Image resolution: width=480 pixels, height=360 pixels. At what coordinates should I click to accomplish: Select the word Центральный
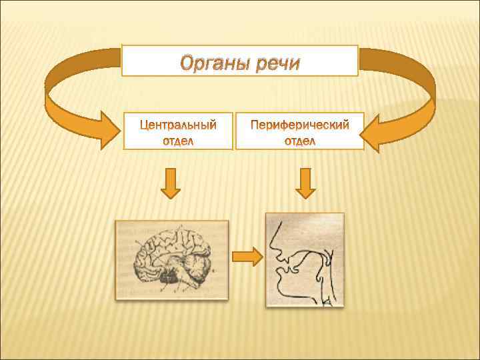pos(178,125)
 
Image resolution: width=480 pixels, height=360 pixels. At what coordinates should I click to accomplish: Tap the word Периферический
pos(299,125)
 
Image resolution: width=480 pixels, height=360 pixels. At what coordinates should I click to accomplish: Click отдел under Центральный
pos(178,141)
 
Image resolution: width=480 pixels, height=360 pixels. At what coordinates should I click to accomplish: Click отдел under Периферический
pos(299,141)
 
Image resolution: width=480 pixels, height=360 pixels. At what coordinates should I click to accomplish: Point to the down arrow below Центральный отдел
pos(171,183)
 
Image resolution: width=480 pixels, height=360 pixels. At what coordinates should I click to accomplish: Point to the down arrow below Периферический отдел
pos(305,183)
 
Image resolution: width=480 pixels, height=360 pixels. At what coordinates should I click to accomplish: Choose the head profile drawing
pos(305,259)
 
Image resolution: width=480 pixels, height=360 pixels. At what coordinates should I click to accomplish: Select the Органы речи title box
pos(239,61)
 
